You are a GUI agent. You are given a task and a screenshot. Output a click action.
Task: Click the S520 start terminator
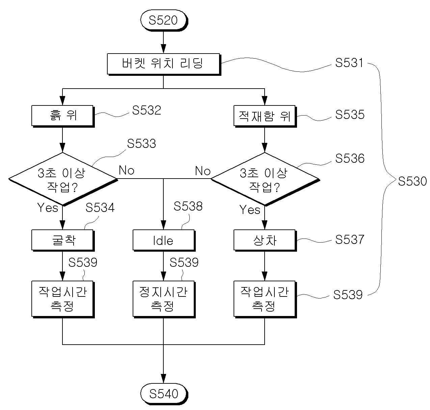click(164, 20)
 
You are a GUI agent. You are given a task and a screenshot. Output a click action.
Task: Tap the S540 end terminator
click(164, 394)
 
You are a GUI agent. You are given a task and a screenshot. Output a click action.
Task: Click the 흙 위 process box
click(63, 116)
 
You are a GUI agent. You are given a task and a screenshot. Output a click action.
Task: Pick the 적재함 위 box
click(265, 116)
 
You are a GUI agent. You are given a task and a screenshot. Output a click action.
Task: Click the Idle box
click(164, 241)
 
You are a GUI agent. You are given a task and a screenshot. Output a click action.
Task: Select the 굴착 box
click(63, 241)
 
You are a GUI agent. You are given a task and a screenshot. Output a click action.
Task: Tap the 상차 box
click(265, 241)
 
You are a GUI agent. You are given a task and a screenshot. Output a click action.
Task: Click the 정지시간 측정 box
click(164, 299)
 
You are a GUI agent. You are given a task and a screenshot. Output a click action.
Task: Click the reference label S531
click(349, 63)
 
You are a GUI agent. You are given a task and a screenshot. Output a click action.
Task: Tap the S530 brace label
click(412, 181)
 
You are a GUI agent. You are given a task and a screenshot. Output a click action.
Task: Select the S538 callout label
click(188, 206)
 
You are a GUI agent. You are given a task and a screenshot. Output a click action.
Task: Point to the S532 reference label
click(146, 110)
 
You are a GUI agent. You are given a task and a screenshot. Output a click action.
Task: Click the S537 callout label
click(350, 239)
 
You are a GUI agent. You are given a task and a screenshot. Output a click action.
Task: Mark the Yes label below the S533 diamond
click(48, 208)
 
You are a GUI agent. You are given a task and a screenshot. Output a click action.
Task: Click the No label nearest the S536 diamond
click(203, 171)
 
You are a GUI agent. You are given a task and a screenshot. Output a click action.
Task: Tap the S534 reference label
click(100, 208)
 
